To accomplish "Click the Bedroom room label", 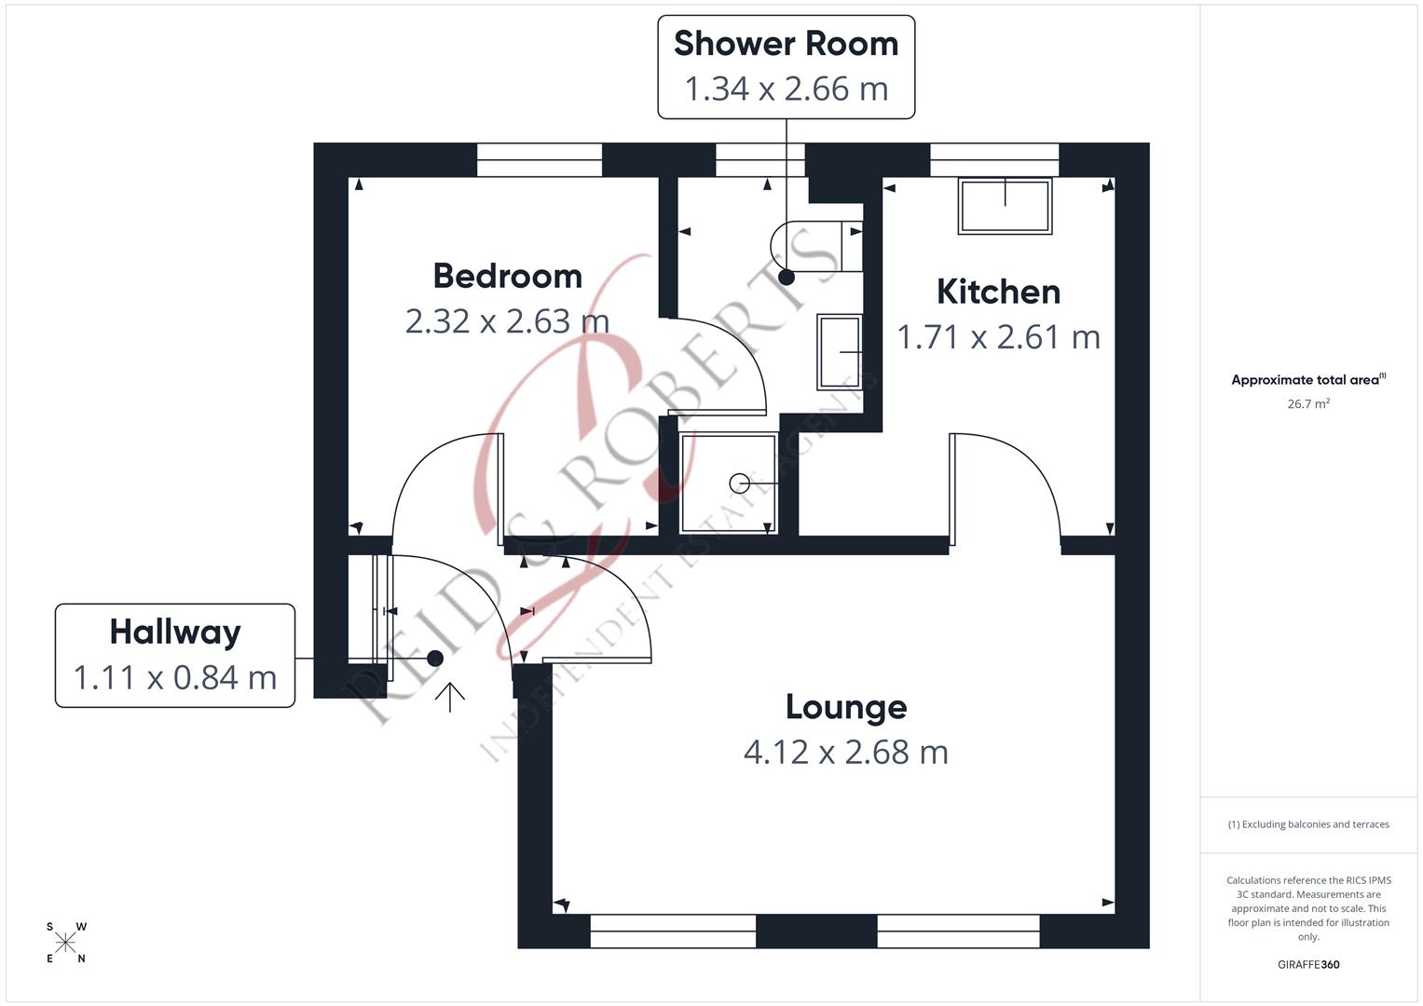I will pos(507,276).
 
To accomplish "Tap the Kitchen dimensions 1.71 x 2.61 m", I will pos(998,336).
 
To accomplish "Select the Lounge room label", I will pos(845,707).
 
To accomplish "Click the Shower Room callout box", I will pos(786,67).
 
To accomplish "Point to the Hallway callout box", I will pos(175,655).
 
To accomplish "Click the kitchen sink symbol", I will pos(1005,206).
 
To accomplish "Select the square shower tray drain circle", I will pos(740,483).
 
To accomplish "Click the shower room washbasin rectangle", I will pos(839,351).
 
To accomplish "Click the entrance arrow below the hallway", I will pos(450,696).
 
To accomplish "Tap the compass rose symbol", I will pos(66,943).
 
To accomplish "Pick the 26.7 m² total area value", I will pos(1308,403).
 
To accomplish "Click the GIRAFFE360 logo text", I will pos(1308,964).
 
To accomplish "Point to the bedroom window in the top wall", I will pos(540,160).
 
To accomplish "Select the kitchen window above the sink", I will pos(994,160).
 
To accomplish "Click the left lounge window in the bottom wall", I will pos(673,931).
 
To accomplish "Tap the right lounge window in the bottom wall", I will pos(958,931).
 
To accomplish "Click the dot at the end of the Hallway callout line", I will pos(434,658).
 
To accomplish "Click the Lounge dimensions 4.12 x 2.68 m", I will pos(845,752).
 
